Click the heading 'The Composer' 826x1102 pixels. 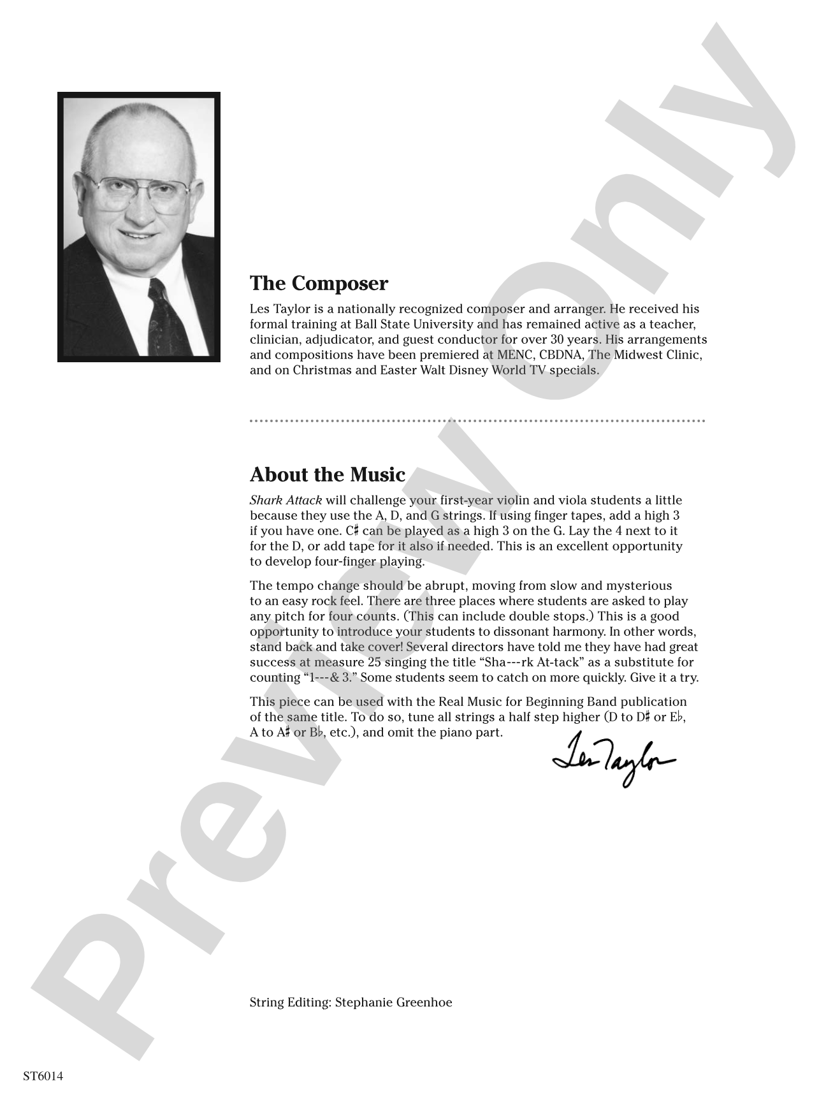pos(319,283)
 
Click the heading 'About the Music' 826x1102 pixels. pos(328,474)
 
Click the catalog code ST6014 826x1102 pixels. pos(43,1076)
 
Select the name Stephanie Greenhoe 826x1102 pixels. pos(394,1003)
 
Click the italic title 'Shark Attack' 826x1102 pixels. pos(286,501)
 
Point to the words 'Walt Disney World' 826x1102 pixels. pos(464,371)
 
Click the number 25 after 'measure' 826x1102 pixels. pos(374,663)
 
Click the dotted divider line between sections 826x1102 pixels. pos(477,421)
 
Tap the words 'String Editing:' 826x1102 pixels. pos(291,1003)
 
